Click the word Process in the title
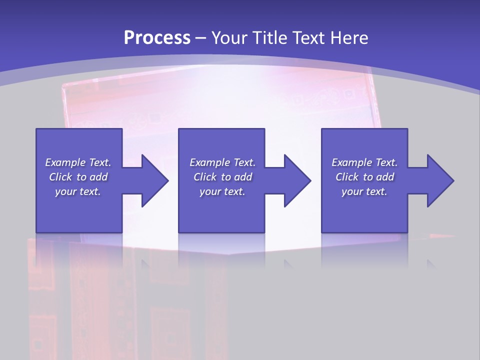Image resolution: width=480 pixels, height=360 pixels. [x=157, y=38]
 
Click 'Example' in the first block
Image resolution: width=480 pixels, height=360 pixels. [x=65, y=162]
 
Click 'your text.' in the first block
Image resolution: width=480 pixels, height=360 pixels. [x=78, y=191]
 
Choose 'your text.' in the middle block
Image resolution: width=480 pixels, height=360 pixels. [x=222, y=191]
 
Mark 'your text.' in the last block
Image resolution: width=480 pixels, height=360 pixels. [x=364, y=191]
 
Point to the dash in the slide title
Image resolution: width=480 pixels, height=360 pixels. [x=201, y=38]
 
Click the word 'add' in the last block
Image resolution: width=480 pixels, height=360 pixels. [x=385, y=177]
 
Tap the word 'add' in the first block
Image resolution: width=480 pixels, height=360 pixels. [x=98, y=177]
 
